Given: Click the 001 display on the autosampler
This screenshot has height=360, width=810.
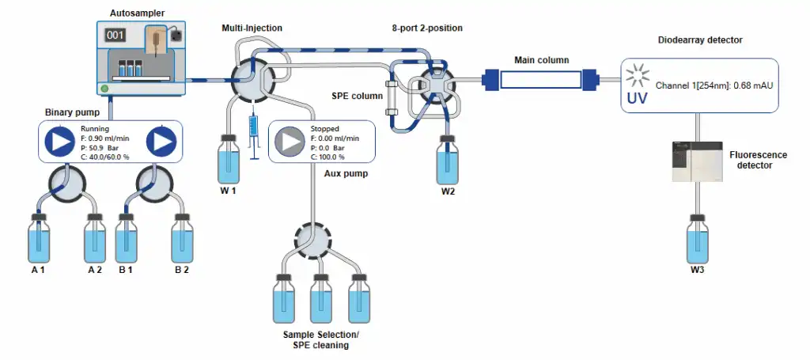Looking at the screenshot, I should [x=116, y=36].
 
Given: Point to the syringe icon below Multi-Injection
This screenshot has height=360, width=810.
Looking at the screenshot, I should [x=253, y=135].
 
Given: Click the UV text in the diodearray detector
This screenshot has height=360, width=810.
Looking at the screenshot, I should [x=638, y=99].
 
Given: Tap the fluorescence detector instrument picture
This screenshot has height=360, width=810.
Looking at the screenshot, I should [x=696, y=161].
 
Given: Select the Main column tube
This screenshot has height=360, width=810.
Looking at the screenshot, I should [x=539, y=79].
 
